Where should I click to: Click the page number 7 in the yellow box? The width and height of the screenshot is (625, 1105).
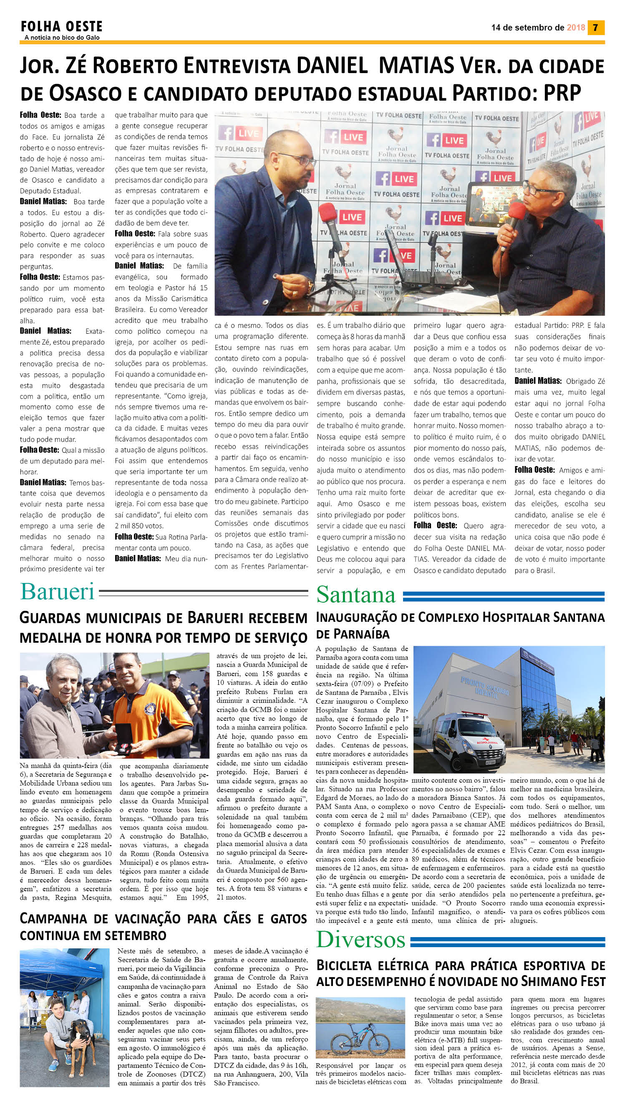[595, 28]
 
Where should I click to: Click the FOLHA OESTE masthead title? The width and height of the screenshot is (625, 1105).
[62, 27]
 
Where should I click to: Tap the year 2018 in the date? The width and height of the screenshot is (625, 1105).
[576, 28]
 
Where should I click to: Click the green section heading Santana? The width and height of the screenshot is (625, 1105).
[356, 595]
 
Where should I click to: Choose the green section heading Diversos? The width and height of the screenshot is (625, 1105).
[360, 939]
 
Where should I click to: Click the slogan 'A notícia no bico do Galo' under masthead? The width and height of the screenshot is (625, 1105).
[62, 38]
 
